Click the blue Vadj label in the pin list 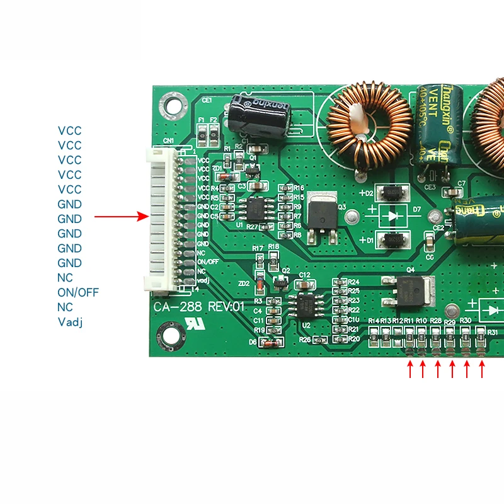coord(71,323)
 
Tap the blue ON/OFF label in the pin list coord(78,293)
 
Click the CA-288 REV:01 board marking coord(198,307)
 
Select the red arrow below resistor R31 coord(482,370)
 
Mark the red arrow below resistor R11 coord(409,370)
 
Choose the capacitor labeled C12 coord(304,283)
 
